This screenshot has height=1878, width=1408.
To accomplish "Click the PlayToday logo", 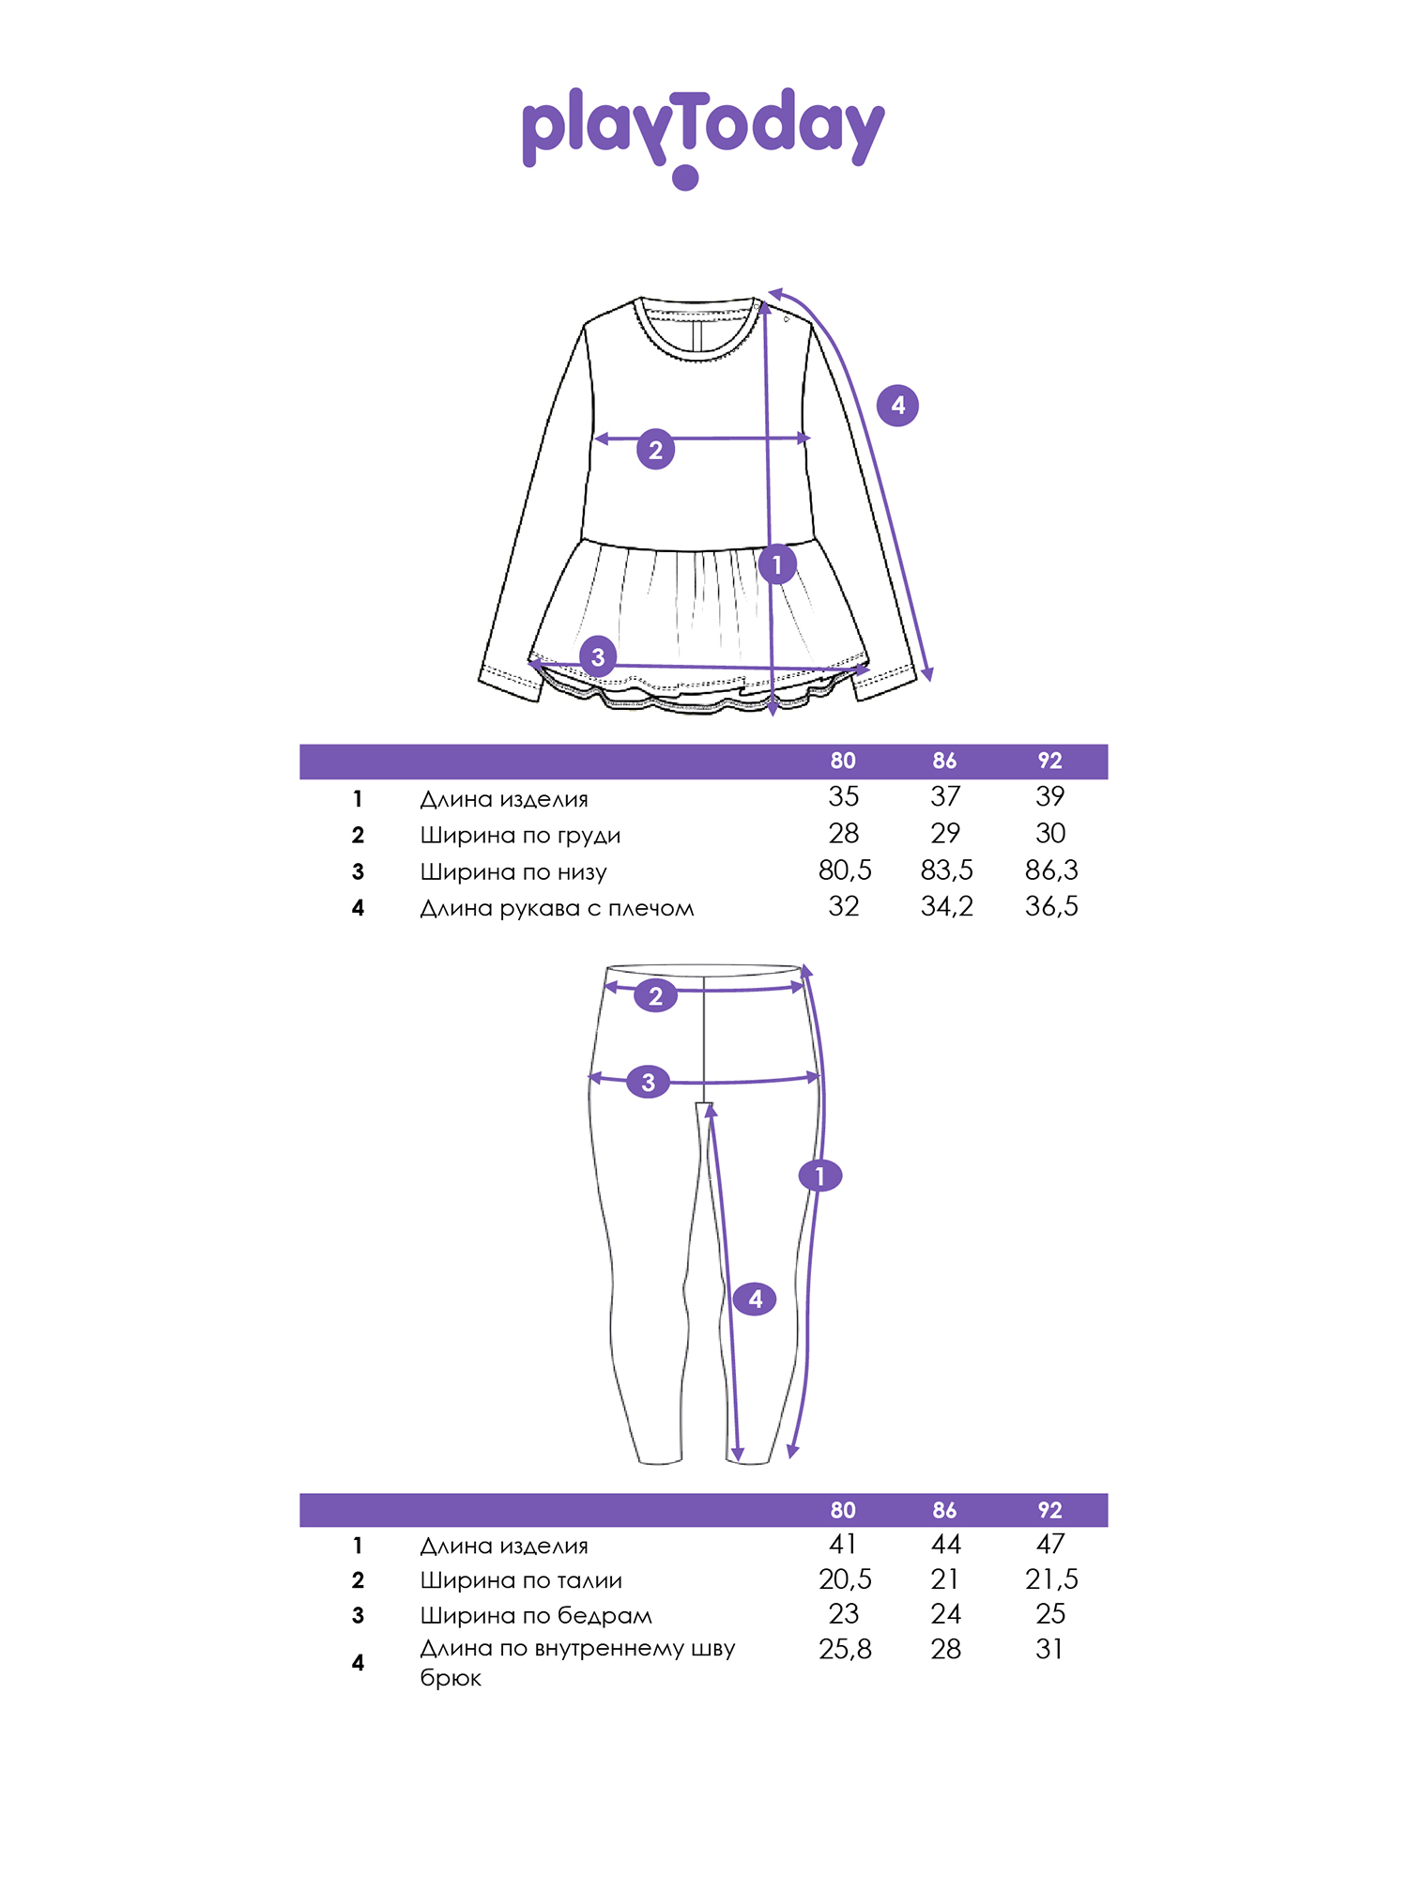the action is (x=703, y=136).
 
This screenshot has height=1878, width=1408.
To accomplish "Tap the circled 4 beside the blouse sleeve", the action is (x=897, y=406).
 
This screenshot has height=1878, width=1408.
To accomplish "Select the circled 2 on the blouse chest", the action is (x=655, y=450).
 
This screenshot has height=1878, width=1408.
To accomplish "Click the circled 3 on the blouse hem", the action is (x=598, y=656).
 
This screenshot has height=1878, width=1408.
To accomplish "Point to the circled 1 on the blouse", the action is (x=776, y=564).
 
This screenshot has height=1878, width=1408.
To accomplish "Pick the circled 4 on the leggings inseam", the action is (x=756, y=1299).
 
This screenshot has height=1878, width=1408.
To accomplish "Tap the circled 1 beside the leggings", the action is (x=820, y=1175).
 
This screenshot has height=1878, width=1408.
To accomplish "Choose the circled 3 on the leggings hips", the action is (x=648, y=1082).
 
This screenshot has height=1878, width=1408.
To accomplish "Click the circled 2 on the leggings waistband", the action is (x=655, y=995).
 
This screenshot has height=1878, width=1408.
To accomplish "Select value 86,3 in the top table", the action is (x=1051, y=870).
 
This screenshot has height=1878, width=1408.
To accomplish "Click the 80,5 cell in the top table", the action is (x=845, y=870).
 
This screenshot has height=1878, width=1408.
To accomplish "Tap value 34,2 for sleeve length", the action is (x=947, y=907).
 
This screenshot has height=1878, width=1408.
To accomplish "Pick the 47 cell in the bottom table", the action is (x=1050, y=1544).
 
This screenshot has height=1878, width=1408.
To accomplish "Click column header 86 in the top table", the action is (x=944, y=761).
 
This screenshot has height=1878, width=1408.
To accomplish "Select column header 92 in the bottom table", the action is (x=1049, y=1510).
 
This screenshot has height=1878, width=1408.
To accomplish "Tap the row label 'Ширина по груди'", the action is (x=520, y=836).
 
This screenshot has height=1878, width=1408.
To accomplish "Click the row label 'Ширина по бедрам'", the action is (x=536, y=1616).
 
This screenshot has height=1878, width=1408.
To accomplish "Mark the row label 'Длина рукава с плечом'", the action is (x=557, y=908).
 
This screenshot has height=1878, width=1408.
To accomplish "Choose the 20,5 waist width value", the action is (x=845, y=1579).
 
